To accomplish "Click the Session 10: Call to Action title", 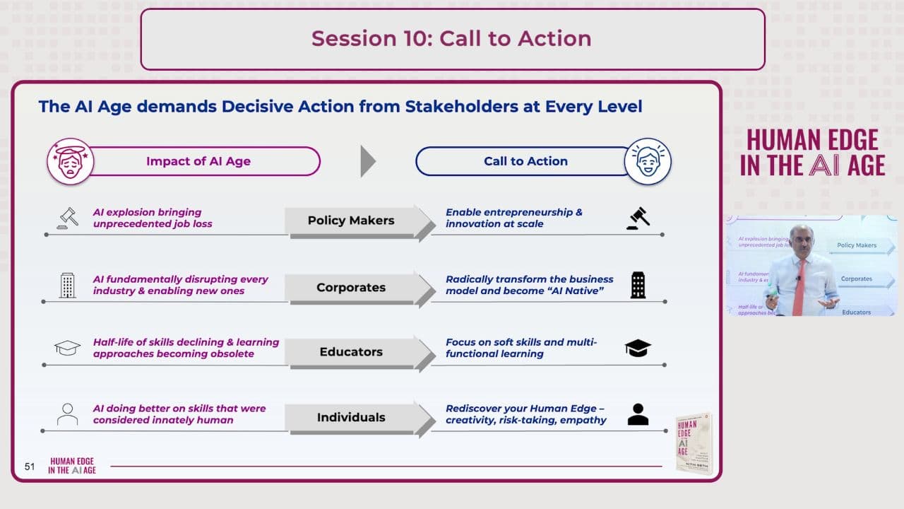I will [451, 38].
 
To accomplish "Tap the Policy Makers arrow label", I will [351, 221].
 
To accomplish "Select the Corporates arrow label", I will [351, 288].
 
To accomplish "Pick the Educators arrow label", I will [351, 352].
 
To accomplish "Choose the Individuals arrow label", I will [351, 417].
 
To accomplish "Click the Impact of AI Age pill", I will [198, 161].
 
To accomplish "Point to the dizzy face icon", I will [70, 161].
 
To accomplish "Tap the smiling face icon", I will [648, 161].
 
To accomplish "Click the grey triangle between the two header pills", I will [367, 161].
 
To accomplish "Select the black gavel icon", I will [638, 218].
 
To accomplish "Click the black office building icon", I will [638, 285].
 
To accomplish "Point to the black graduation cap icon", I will [638, 348].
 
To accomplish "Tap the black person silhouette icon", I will [638, 414].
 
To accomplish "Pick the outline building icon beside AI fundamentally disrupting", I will [68, 285].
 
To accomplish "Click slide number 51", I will [30, 467].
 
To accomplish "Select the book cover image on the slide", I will [694, 443].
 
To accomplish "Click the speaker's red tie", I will [799, 286].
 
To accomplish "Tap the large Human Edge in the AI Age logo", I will [812, 152].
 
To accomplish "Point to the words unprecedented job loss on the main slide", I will [153, 223].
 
